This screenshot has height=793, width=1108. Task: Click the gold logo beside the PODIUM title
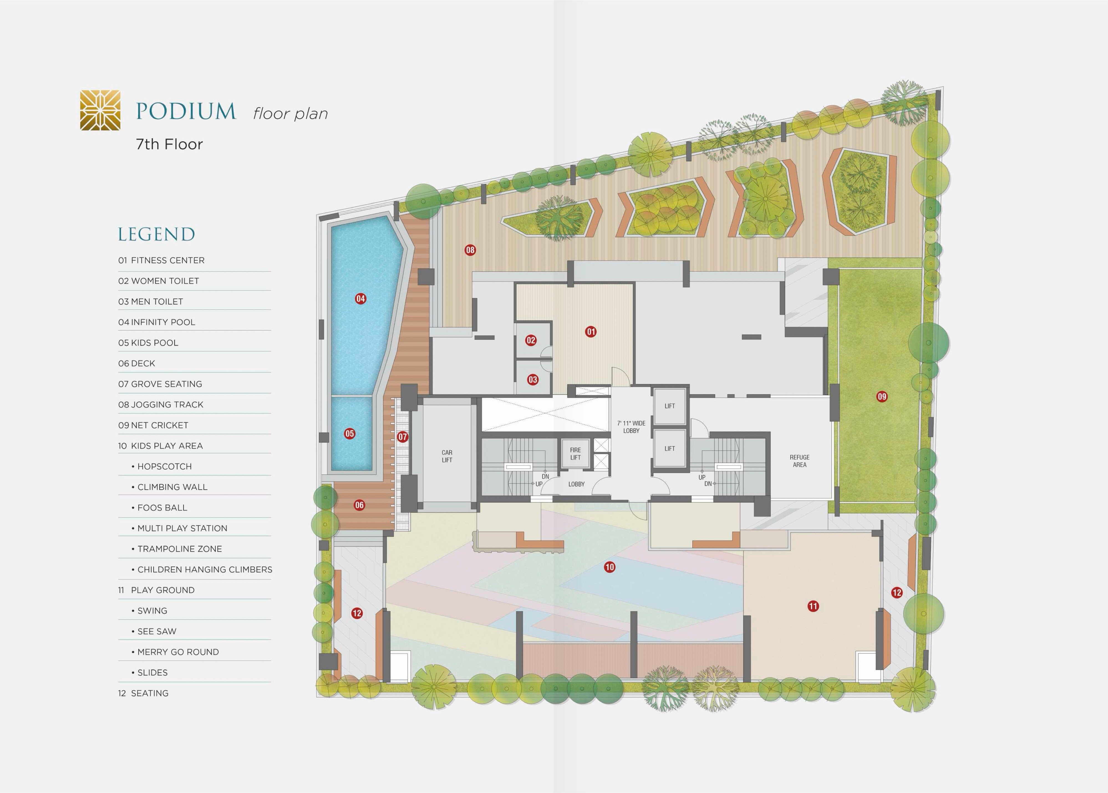100,110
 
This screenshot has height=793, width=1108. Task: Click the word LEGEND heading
156,234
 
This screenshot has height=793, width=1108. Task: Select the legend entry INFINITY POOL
157,322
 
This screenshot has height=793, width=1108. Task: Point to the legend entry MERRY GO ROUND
175,652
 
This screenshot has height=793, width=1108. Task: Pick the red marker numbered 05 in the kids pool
350,434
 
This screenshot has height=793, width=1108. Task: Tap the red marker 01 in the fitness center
591,332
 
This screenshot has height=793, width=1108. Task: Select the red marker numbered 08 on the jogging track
470,250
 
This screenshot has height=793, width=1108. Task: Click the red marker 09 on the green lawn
882,396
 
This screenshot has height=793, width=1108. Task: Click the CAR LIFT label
447,456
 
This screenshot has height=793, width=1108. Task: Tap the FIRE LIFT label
576,454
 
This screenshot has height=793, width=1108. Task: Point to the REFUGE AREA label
800,461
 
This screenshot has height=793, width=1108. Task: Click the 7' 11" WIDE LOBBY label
631,427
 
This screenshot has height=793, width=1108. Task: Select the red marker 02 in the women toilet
531,340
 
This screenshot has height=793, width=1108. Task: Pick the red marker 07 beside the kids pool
403,437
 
